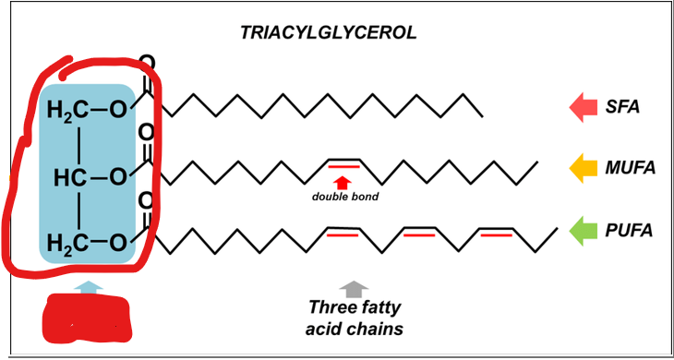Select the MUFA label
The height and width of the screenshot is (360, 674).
tap(632, 168)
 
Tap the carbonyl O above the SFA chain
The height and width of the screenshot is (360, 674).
tap(146, 65)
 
